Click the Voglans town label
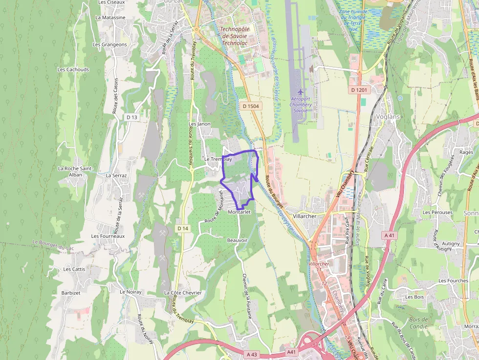[388, 116]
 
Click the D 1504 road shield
[250, 106]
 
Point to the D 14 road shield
[183, 228]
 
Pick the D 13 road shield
[131, 117]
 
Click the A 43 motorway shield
[252, 354]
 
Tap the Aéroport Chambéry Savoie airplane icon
[301, 92]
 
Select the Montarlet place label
[239, 212]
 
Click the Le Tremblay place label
[218, 159]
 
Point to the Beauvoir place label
[238, 240]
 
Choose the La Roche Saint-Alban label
[75, 171]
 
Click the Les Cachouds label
[73, 69]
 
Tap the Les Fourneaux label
[108, 236]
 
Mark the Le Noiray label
[131, 292]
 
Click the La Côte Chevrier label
[183, 293]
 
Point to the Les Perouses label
[437, 212]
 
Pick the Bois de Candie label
[418, 323]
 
